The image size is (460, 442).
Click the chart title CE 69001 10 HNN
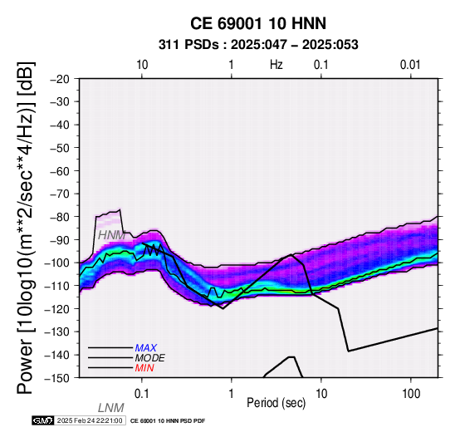[258, 23]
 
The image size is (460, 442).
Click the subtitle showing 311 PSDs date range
[258, 45]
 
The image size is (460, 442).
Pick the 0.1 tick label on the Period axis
[142, 394]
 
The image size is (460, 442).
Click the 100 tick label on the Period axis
[411, 394]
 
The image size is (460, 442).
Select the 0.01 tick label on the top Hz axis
[410, 65]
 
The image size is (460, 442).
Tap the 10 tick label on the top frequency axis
[142, 65]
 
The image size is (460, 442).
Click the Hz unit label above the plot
[276, 65]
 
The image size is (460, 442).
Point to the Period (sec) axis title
[276, 403]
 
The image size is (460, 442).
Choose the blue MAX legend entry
[146, 348]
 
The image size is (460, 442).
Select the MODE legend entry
[150, 358]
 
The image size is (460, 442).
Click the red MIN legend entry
[144, 368]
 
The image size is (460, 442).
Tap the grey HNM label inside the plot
[112, 235]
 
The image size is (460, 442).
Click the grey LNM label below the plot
[111, 408]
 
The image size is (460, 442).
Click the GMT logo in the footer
[43, 420]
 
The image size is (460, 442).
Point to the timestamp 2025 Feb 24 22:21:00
[90, 420]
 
